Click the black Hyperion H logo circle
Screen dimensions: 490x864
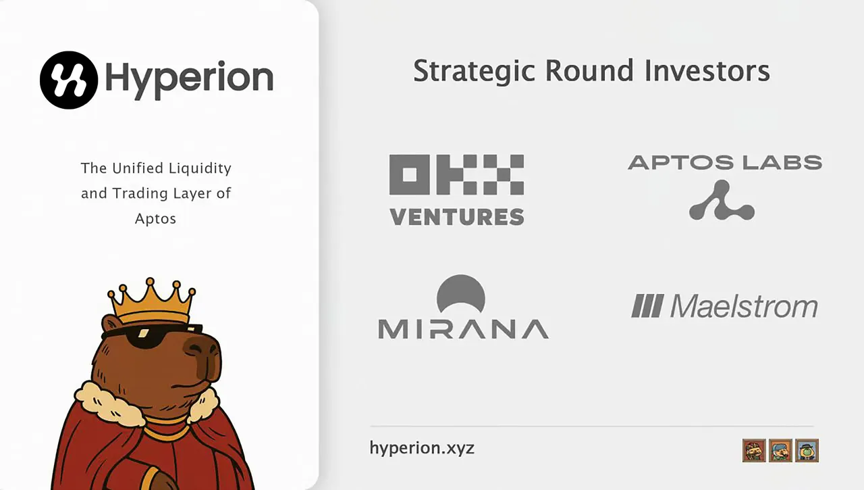click(70, 80)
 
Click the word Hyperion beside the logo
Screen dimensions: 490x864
click(189, 78)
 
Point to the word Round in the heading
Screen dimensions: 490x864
click(587, 71)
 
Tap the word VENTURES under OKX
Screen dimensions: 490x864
click(456, 217)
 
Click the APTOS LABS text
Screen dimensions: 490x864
click(724, 162)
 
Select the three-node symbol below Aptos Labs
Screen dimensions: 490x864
click(722, 201)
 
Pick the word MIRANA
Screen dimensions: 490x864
click(463, 328)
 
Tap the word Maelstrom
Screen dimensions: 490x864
click(744, 306)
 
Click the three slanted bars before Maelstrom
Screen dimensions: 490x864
click(647, 306)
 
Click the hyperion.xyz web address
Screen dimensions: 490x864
click(422, 447)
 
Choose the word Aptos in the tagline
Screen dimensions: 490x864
click(155, 219)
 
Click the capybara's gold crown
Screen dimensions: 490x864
click(151, 303)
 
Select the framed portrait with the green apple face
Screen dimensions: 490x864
click(807, 450)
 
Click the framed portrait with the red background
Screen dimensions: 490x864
click(754, 450)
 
